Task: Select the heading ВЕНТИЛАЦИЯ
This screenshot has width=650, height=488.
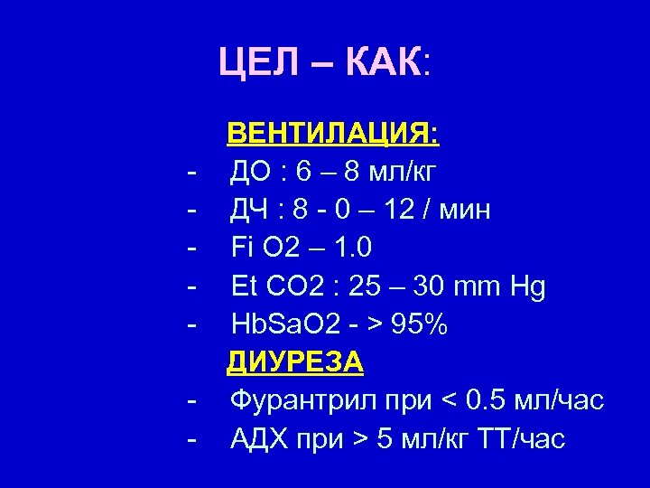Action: pyautogui.click(x=333, y=135)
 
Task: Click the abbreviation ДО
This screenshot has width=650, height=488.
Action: pyautogui.click(x=250, y=172)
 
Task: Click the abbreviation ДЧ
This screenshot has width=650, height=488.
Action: pyautogui.click(x=249, y=211)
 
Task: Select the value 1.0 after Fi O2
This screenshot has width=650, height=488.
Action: pyautogui.click(x=350, y=248)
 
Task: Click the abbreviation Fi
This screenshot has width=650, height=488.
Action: pyautogui.click(x=242, y=248)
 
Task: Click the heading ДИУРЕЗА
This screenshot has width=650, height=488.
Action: pyautogui.click(x=295, y=362)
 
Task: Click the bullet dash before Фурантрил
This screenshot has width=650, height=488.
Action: pyautogui.click(x=191, y=400)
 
